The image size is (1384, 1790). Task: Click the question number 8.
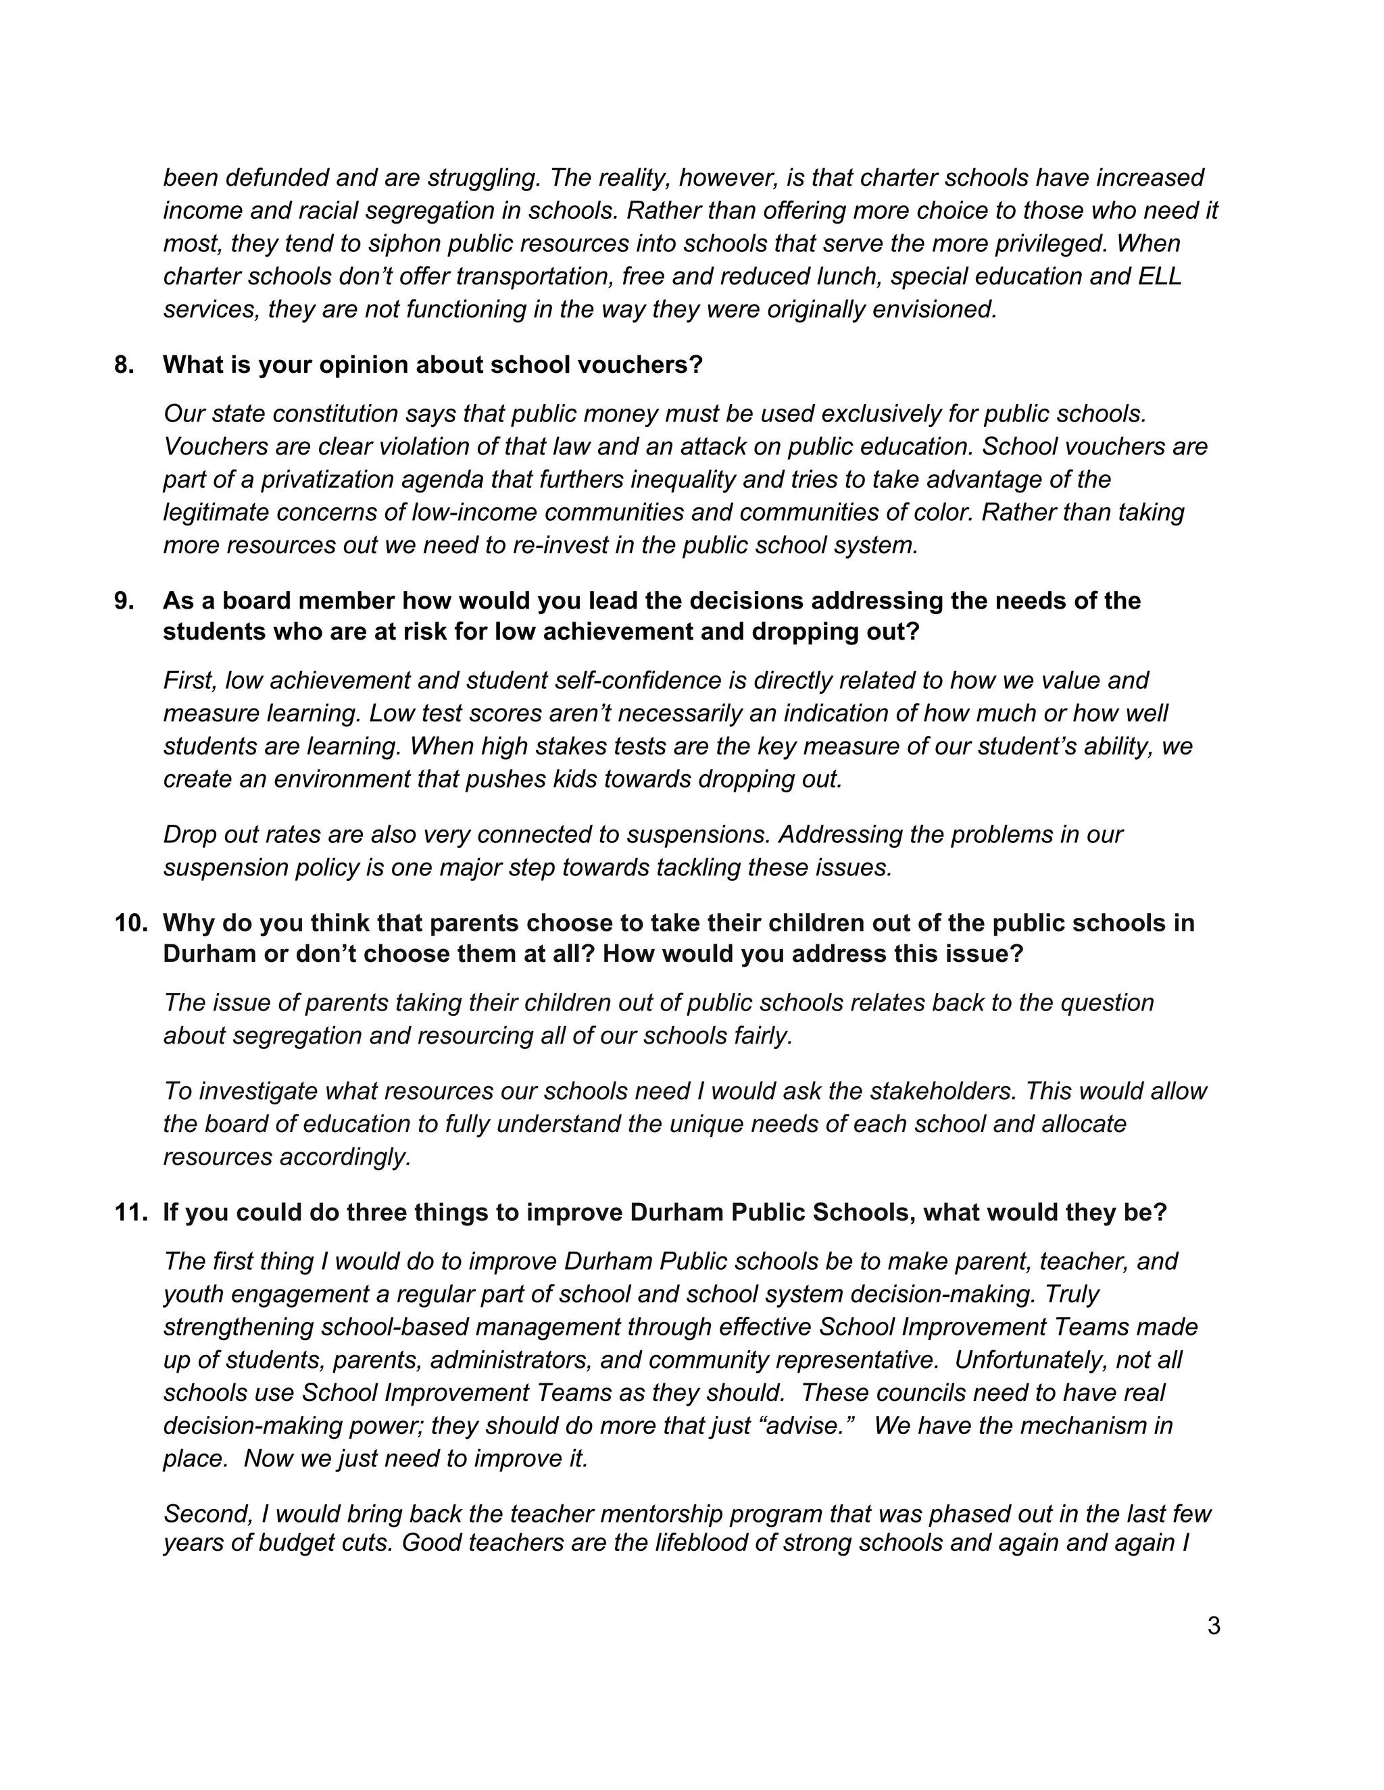pos(124,365)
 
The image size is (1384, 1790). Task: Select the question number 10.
pos(130,923)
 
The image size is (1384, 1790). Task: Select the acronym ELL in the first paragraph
pos(1160,276)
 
